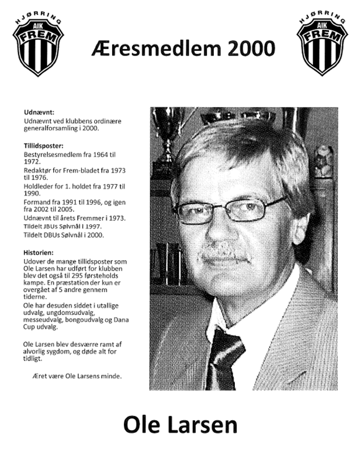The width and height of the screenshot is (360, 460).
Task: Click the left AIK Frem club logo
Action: point(38,45)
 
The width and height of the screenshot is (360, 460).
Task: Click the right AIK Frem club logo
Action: point(321,45)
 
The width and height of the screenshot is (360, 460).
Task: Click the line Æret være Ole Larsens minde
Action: point(77,376)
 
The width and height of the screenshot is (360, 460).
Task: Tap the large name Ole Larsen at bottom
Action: point(180,425)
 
